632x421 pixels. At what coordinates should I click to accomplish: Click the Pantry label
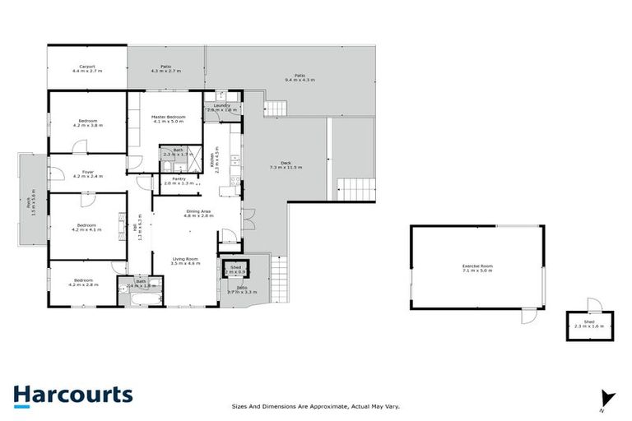(x=174, y=181)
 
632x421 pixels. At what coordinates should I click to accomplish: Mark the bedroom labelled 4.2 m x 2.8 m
(x=82, y=284)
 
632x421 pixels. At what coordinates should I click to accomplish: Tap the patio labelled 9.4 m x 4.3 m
(x=300, y=78)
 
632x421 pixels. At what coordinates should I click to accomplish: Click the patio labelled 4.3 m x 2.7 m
(x=165, y=69)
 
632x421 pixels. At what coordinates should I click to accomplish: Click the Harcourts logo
(x=72, y=395)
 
